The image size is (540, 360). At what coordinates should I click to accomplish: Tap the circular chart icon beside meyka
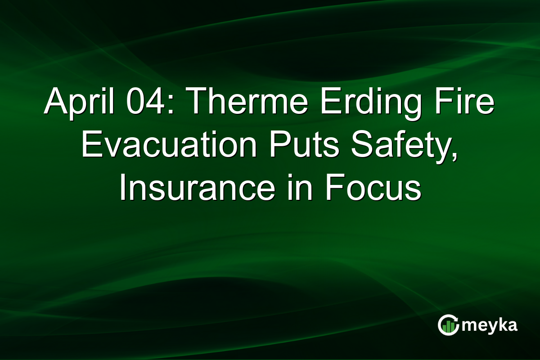click(449, 325)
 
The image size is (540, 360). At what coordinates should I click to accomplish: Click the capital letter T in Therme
click(194, 103)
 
